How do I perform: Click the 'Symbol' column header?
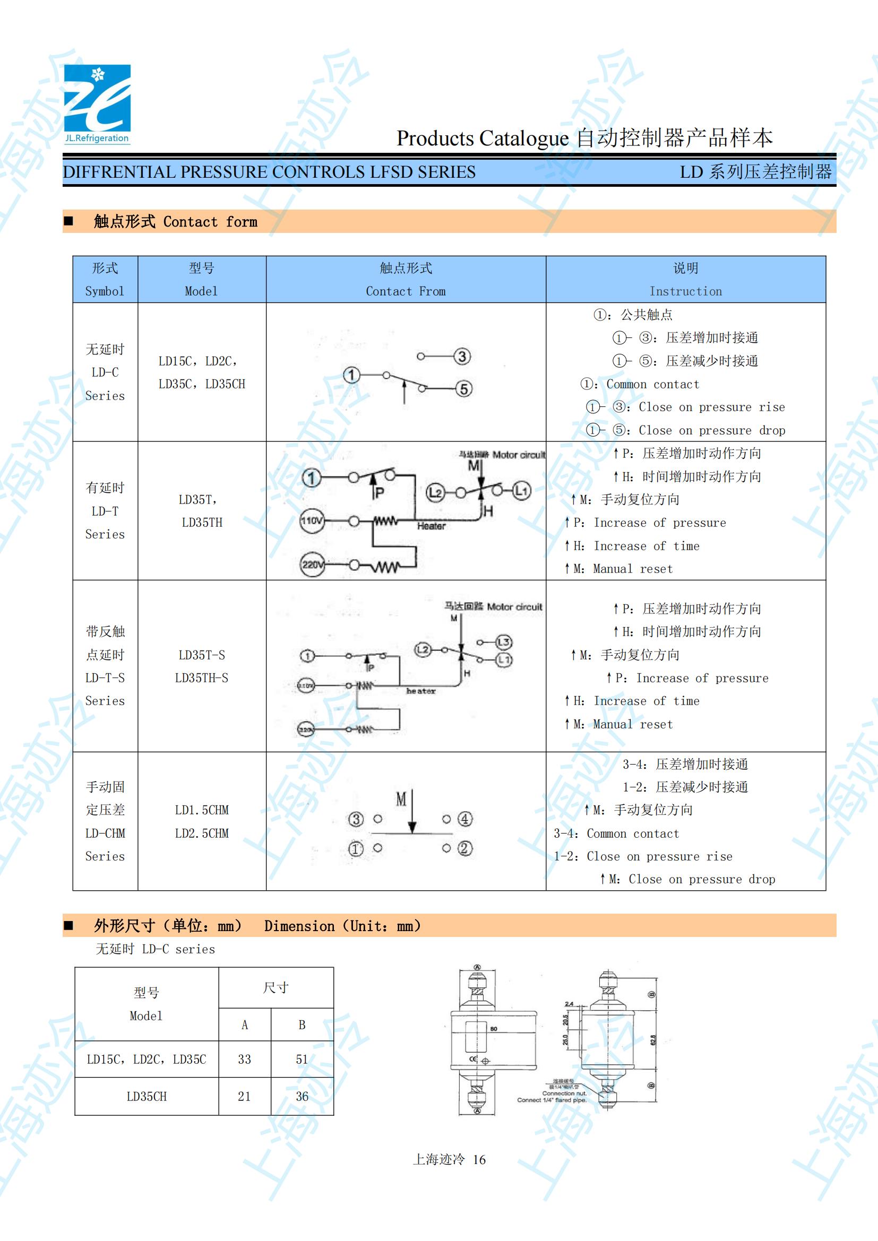(x=105, y=291)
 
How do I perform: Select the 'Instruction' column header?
(x=685, y=291)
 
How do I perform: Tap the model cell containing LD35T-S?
(x=202, y=655)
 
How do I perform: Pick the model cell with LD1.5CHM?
(x=202, y=810)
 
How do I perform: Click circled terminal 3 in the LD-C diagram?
(x=462, y=357)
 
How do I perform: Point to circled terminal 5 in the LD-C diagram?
(x=463, y=388)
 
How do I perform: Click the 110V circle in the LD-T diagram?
(x=312, y=521)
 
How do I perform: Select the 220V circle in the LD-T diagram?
(x=312, y=566)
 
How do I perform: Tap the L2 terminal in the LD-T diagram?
(x=436, y=492)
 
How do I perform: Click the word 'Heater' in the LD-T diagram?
(x=432, y=526)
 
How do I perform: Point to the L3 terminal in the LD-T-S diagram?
(x=503, y=642)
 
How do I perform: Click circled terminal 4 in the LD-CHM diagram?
(x=465, y=819)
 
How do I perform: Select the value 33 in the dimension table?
(x=244, y=1060)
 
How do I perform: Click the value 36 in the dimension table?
(x=302, y=1097)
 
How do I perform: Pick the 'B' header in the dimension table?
(x=302, y=1025)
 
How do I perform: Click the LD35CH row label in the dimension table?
(x=147, y=1097)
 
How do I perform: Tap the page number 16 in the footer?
(x=479, y=1159)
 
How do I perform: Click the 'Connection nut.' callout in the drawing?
(x=564, y=1093)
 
